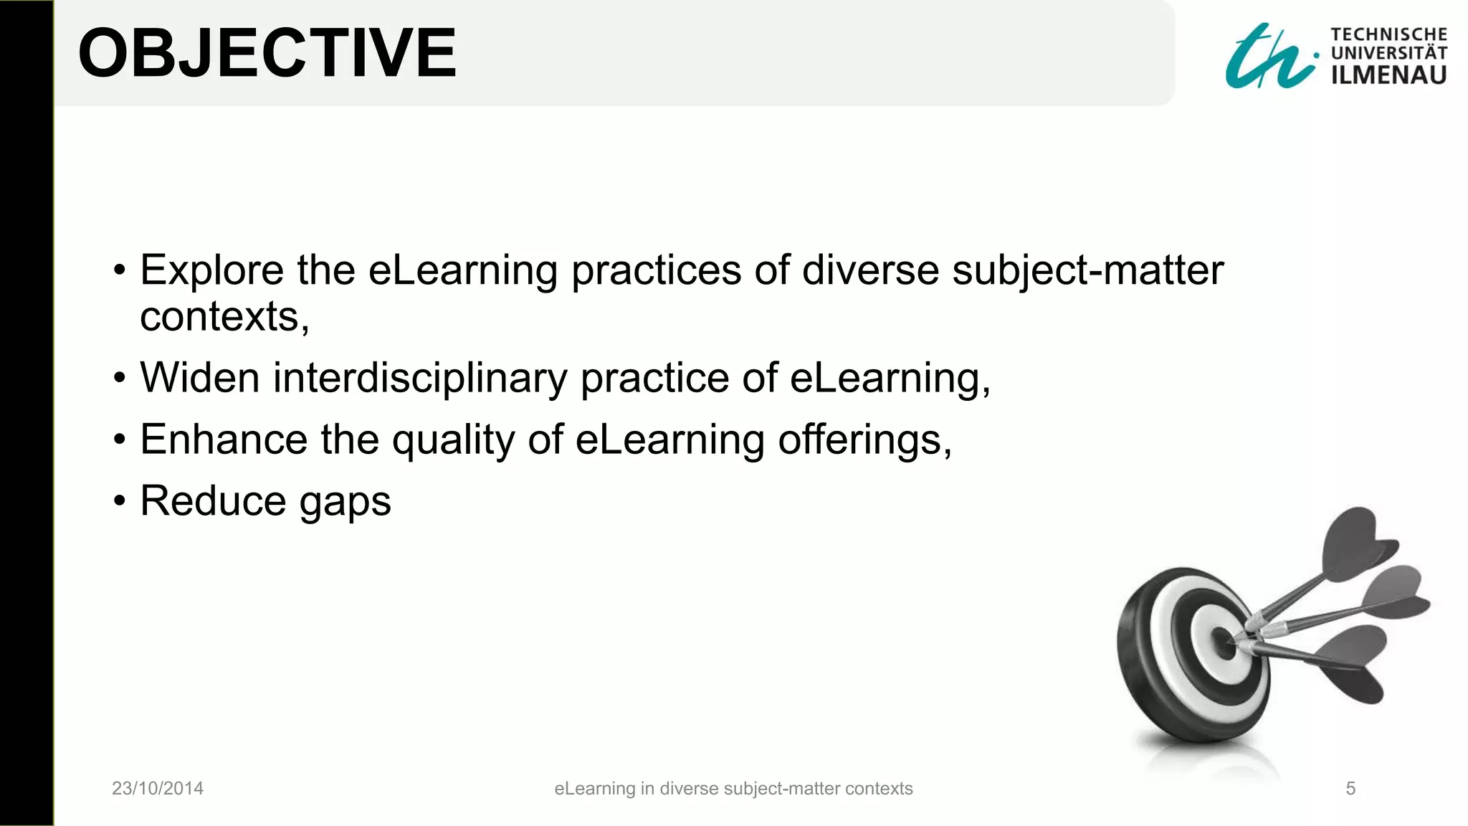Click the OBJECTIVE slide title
pyautogui.click(x=267, y=53)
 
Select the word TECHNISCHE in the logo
pyautogui.click(x=1388, y=34)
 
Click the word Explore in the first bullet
pyautogui.click(x=211, y=271)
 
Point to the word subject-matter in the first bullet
pyautogui.click(x=1087, y=271)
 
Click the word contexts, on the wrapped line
pyautogui.click(x=224, y=317)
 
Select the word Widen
pyautogui.click(x=199, y=378)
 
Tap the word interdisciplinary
pyautogui.click(x=420, y=378)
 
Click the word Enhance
pyautogui.click(x=223, y=440)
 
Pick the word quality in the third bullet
pyautogui.click(x=453, y=441)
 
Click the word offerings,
pyautogui.click(x=864, y=440)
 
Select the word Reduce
pyautogui.click(x=212, y=500)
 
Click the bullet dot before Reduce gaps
pyautogui.click(x=119, y=500)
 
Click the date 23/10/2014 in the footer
pyautogui.click(x=158, y=789)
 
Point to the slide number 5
pyautogui.click(x=1350, y=789)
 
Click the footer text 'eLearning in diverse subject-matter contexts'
pyautogui.click(x=733, y=789)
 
